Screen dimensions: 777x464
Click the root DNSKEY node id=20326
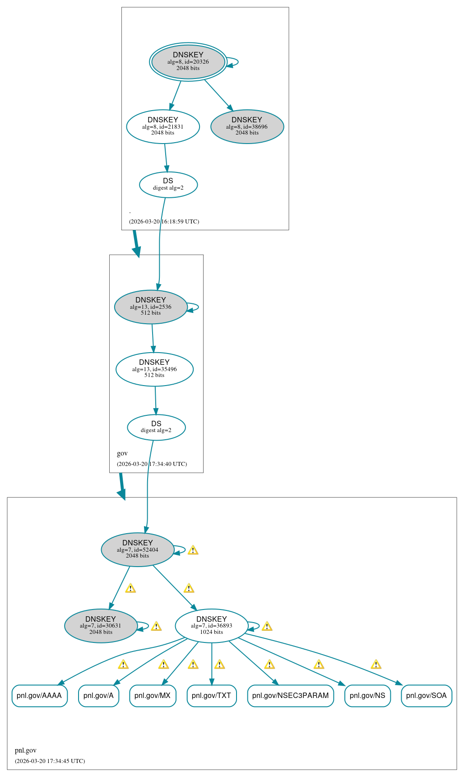(188, 62)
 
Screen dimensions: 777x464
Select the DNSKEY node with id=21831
(163, 126)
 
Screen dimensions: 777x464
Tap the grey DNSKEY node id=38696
(247, 126)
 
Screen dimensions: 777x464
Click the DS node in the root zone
(168, 184)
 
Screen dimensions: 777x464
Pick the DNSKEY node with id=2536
(151, 307)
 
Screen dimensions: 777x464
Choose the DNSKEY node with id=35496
(154, 369)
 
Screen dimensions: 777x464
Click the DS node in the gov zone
(156, 427)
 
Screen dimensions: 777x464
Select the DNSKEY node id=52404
(138, 549)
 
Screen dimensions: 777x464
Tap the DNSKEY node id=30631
(101, 626)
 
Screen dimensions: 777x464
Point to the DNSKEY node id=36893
(211, 626)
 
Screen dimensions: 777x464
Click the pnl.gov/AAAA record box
(39, 695)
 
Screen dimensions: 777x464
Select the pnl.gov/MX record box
(153, 695)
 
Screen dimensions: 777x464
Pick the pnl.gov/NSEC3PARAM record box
(290, 695)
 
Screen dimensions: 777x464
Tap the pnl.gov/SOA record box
(426, 695)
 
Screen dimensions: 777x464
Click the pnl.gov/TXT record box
(211, 695)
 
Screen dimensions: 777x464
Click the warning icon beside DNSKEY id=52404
(193, 550)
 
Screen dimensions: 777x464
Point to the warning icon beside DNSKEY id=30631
(156, 626)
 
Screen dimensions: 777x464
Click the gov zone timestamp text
(152, 464)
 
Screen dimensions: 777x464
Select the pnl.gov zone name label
(26, 750)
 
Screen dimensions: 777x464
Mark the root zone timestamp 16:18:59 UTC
(164, 221)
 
